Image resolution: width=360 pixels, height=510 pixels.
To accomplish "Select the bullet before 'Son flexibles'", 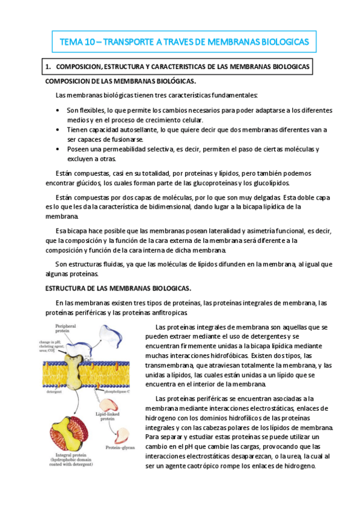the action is (57, 110).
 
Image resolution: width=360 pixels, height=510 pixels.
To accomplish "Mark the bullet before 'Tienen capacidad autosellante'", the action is (57, 129).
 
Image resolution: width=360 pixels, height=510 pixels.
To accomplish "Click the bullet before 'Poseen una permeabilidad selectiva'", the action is (57, 149).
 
